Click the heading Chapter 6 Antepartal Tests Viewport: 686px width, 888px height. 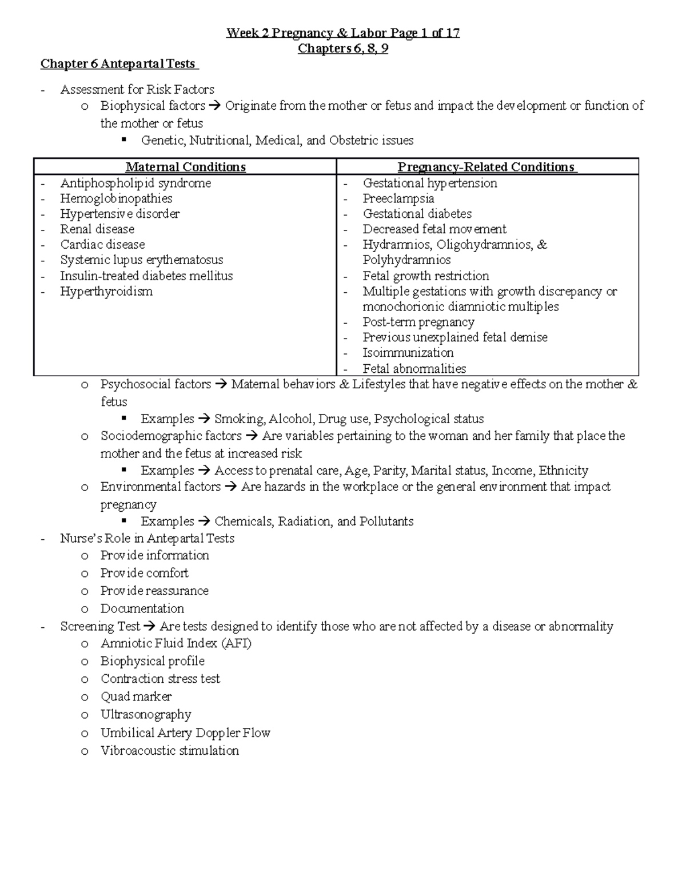click(118, 63)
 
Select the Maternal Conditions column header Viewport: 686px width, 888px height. click(185, 167)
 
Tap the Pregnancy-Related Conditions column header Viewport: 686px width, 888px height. click(486, 167)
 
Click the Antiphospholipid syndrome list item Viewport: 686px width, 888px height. click(135, 183)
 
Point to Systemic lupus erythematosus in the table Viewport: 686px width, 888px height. click(141, 260)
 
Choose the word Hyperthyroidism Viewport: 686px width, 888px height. click(106, 291)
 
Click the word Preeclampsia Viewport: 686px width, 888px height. click(398, 198)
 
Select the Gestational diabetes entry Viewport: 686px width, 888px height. click(417, 214)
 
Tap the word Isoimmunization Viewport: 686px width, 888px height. click(408, 353)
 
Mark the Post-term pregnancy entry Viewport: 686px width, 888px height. click(418, 322)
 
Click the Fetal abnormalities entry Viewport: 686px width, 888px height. click(414, 369)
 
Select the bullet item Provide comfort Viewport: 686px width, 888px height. click(144, 573)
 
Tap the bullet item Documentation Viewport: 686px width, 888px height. click(142, 608)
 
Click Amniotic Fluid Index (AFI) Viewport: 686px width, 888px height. click(176, 643)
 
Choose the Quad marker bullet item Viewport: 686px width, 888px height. click(136, 696)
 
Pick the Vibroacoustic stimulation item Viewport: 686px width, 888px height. click(170, 750)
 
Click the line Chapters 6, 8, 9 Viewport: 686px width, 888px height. click(343, 49)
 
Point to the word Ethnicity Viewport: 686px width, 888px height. click(563, 471)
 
